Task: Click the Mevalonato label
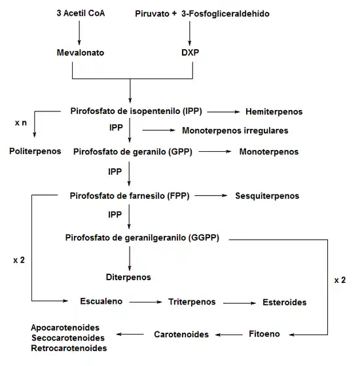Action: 81,52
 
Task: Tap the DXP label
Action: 190,52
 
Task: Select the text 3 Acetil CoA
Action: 81,13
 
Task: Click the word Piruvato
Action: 152,14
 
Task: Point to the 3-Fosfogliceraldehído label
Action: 225,14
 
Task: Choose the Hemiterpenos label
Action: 274,111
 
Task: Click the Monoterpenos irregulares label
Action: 235,130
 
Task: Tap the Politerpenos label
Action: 35,151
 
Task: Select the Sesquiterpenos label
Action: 267,196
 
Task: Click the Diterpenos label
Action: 128,277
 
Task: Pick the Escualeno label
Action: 101,301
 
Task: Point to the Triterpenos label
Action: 192,302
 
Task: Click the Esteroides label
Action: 285,302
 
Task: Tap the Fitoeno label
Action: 264,334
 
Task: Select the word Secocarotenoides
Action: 68,338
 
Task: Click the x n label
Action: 21,123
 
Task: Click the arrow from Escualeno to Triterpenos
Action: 145,302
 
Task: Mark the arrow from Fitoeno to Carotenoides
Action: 229,335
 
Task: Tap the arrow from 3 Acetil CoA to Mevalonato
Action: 79,33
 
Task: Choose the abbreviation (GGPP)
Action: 204,238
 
